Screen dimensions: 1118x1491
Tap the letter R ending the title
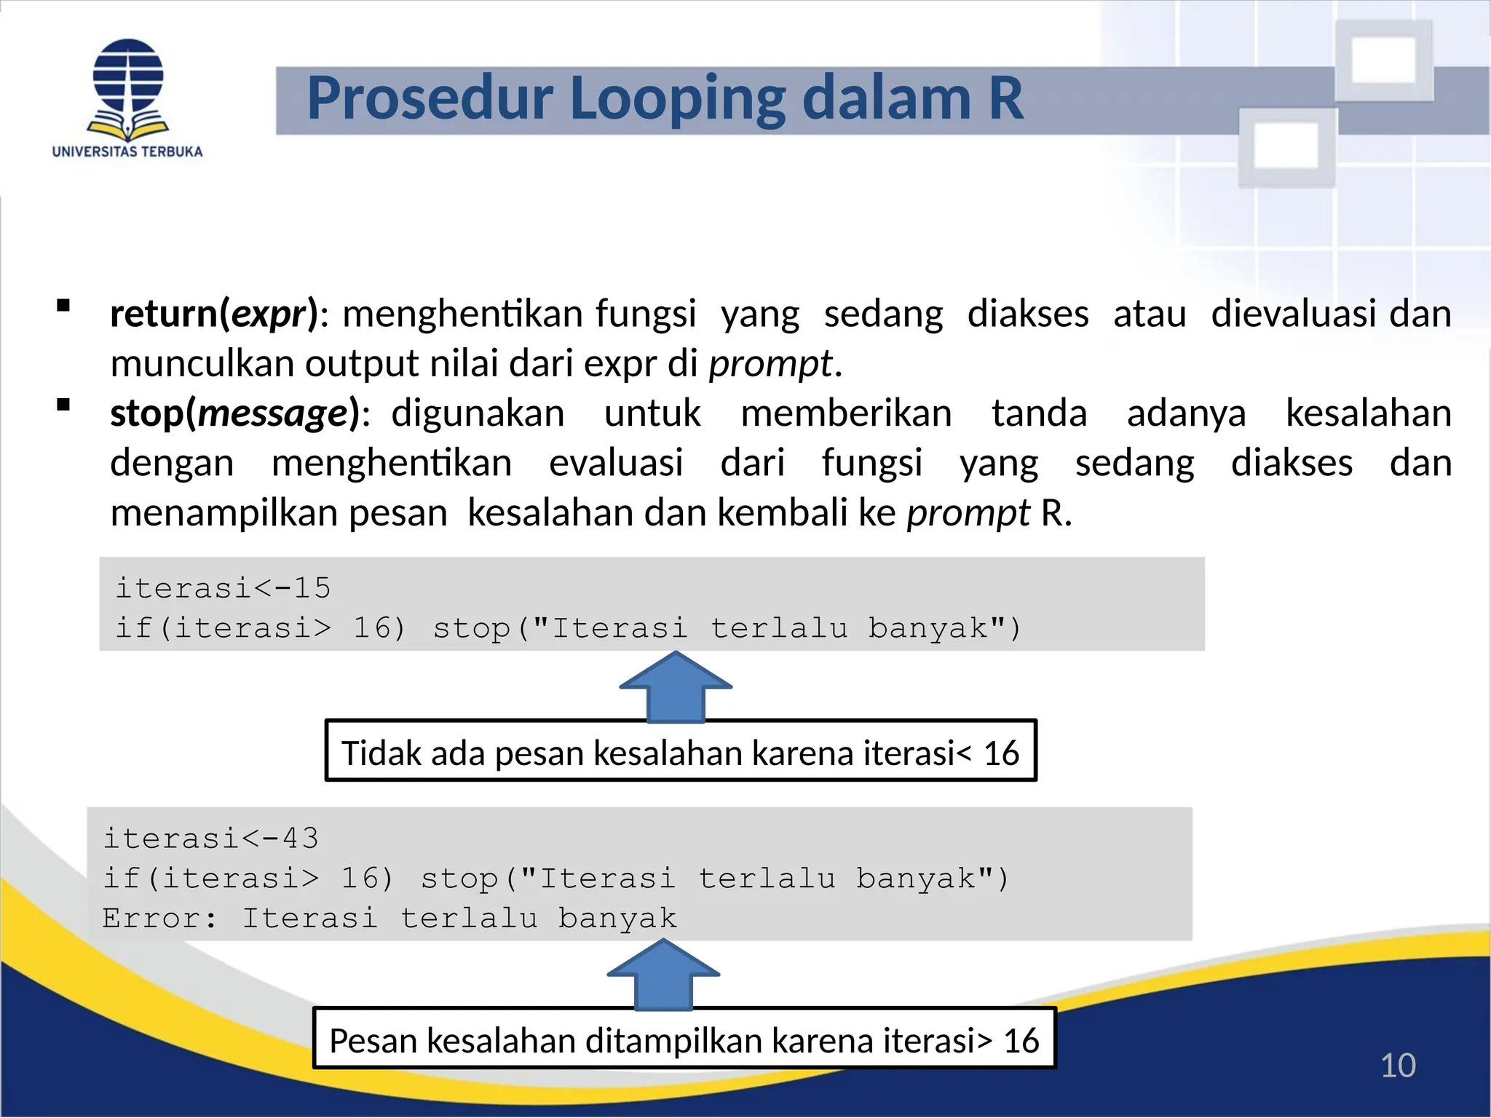click(x=1005, y=98)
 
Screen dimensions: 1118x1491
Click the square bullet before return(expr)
click(x=63, y=306)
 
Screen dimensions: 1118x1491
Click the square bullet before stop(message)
click(x=63, y=405)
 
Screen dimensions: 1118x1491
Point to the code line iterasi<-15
click(x=224, y=588)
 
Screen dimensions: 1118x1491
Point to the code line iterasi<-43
click(x=211, y=838)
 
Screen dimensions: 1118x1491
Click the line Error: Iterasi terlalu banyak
click(x=389, y=919)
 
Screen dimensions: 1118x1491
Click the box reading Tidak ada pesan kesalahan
click(x=680, y=752)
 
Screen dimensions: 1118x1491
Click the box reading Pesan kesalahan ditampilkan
click(x=684, y=1039)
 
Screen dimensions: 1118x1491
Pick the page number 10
click(x=1397, y=1066)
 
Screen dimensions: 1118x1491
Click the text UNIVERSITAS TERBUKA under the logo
click(x=127, y=152)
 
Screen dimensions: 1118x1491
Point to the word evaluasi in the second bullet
click(x=616, y=464)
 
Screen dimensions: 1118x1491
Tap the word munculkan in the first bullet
click(x=201, y=364)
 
